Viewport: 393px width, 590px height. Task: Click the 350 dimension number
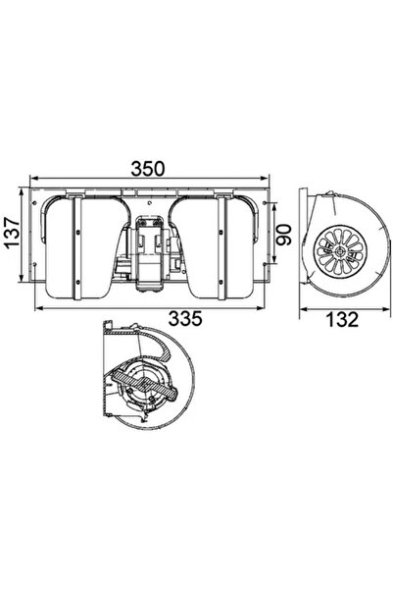pos(147,169)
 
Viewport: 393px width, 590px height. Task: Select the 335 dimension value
pos(185,318)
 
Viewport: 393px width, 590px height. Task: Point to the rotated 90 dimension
pos(284,235)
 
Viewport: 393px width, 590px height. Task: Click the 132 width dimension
pos(342,320)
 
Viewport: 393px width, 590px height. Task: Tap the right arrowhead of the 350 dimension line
pos(265,178)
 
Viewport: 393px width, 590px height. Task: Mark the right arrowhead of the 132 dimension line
pos(384,309)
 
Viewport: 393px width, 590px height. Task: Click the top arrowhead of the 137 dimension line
pos(22,192)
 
